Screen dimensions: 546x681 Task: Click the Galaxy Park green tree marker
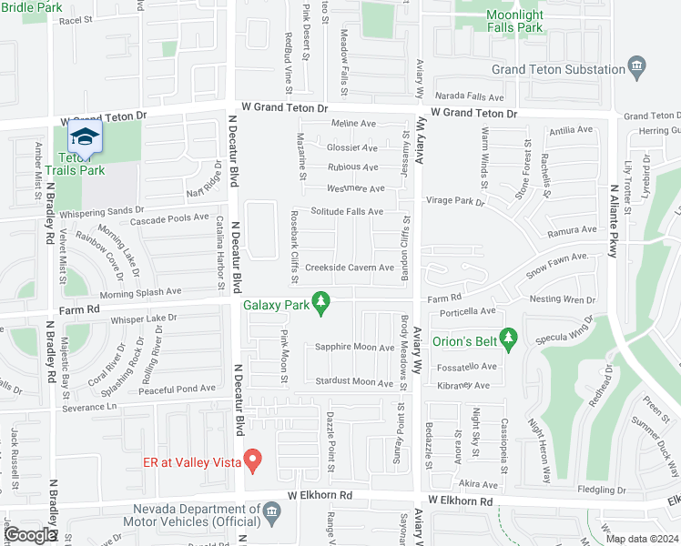click(x=320, y=301)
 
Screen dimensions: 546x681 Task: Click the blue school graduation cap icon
click(x=84, y=138)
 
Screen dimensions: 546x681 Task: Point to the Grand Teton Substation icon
click(x=636, y=67)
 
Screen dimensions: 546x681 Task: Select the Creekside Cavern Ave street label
click(x=350, y=268)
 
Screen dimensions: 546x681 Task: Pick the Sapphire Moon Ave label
click(x=354, y=347)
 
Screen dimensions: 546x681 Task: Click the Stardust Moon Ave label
click(x=353, y=382)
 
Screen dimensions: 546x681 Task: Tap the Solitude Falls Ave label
click(x=347, y=211)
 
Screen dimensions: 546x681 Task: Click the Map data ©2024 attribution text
click(x=642, y=539)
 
